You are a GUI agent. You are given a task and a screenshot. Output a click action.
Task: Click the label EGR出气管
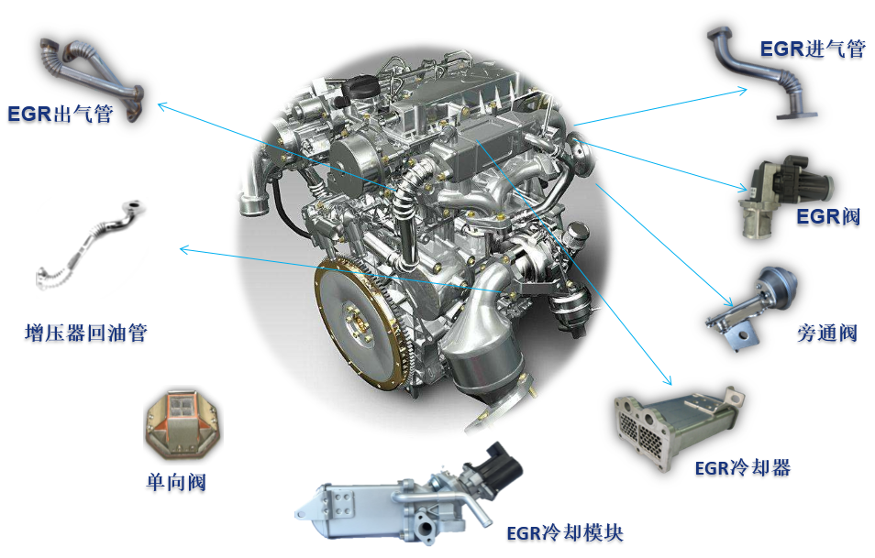pyautogui.click(x=61, y=114)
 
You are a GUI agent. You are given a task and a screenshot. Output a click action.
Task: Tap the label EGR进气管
pyautogui.click(x=813, y=49)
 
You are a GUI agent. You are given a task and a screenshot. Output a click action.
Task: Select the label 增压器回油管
pyautogui.click(x=86, y=333)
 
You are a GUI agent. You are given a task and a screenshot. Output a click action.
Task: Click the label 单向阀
pyautogui.click(x=176, y=482)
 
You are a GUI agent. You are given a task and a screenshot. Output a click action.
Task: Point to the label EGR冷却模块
pyautogui.click(x=565, y=533)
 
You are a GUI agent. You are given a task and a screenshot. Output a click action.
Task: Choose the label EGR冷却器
pyautogui.click(x=743, y=467)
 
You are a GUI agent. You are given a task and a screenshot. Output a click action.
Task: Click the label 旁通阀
pyautogui.click(x=827, y=333)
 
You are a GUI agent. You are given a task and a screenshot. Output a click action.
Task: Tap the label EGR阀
pyautogui.click(x=828, y=215)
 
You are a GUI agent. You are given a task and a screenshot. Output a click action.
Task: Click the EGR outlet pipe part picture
pyautogui.click(x=91, y=79)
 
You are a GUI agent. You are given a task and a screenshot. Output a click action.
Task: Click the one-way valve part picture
pyautogui.click(x=183, y=423)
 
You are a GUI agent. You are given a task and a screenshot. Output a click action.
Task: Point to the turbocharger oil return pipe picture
pyautogui.click(x=89, y=246)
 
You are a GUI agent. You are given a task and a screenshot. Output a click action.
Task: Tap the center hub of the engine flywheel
pyautogui.click(x=357, y=323)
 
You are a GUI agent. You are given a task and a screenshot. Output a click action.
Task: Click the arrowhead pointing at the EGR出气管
pyautogui.click(x=161, y=105)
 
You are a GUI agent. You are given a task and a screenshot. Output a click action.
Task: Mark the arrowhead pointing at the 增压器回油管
pyautogui.click(x=183, y=249)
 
